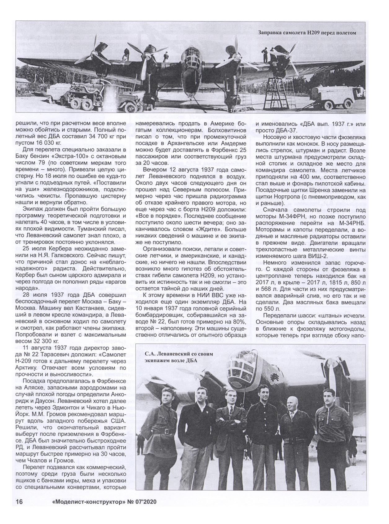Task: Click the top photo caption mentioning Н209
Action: tap(307, 32)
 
